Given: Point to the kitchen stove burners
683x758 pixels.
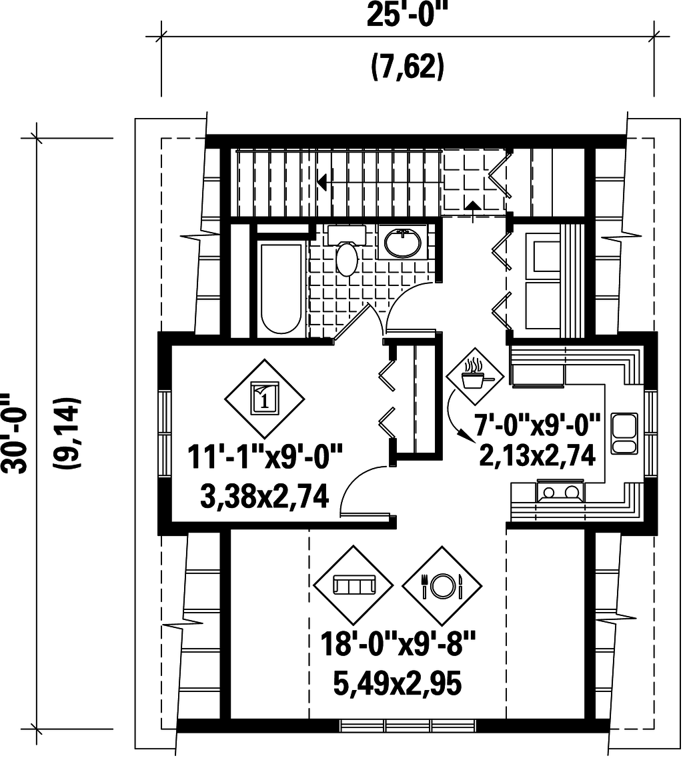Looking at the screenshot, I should click(561, 493).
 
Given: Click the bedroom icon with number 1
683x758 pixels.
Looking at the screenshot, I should click(264, 399).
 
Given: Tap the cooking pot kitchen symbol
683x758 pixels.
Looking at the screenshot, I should click(474, 376).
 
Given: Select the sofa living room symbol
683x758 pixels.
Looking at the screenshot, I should click(354, 585).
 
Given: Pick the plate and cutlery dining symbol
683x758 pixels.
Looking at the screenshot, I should click(442, 585).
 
